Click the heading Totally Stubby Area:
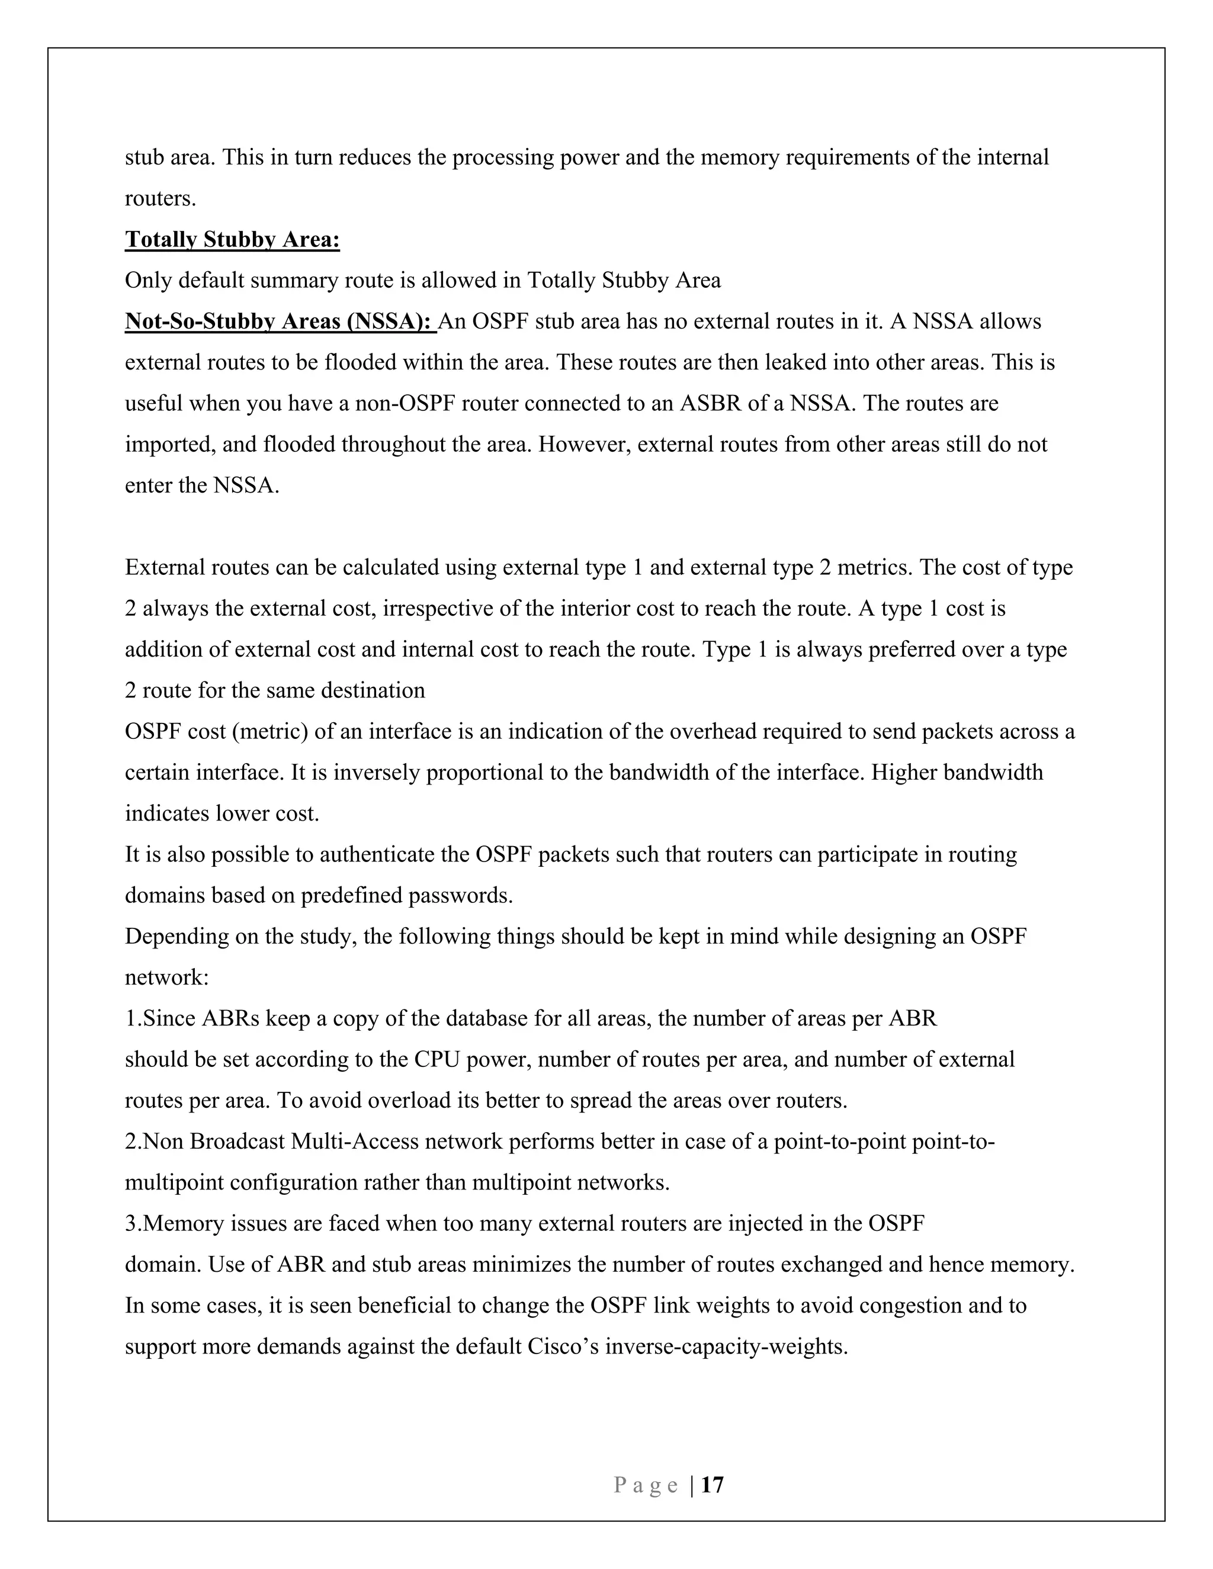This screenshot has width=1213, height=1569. pos(232,239)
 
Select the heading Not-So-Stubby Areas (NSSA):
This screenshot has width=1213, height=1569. pos(280,321)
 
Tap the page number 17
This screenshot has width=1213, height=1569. pos(712,1485)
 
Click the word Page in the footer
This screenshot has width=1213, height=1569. pos(646,1486)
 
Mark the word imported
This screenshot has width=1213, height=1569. pos(169,444)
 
